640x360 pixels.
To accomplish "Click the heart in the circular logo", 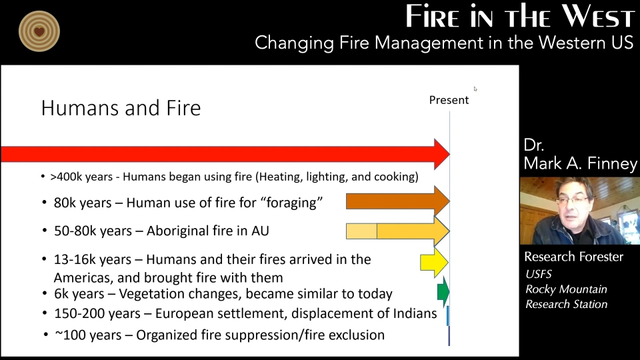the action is [x=39, y=31].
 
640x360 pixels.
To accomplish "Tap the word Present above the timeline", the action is [x=449, y=100].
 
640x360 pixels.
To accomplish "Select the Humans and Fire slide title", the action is [x=121, y=108].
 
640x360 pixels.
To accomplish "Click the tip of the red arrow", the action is [x=450, y=154].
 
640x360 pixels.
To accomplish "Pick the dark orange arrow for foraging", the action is [x=397, y=201].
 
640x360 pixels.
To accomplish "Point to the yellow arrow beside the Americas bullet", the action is [x=434, y=263].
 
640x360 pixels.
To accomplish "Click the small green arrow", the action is [x=443, y=291].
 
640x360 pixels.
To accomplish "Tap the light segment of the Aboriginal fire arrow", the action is [x=361, y=231].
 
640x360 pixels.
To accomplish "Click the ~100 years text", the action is [x=88, y=335].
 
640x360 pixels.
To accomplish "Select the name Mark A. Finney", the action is [x=580, y=163].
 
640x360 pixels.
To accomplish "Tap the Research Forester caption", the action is [x=573, y=257].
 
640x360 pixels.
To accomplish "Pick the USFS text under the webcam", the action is [x=539, y=274].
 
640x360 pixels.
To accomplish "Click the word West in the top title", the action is [x=599, y=16].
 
